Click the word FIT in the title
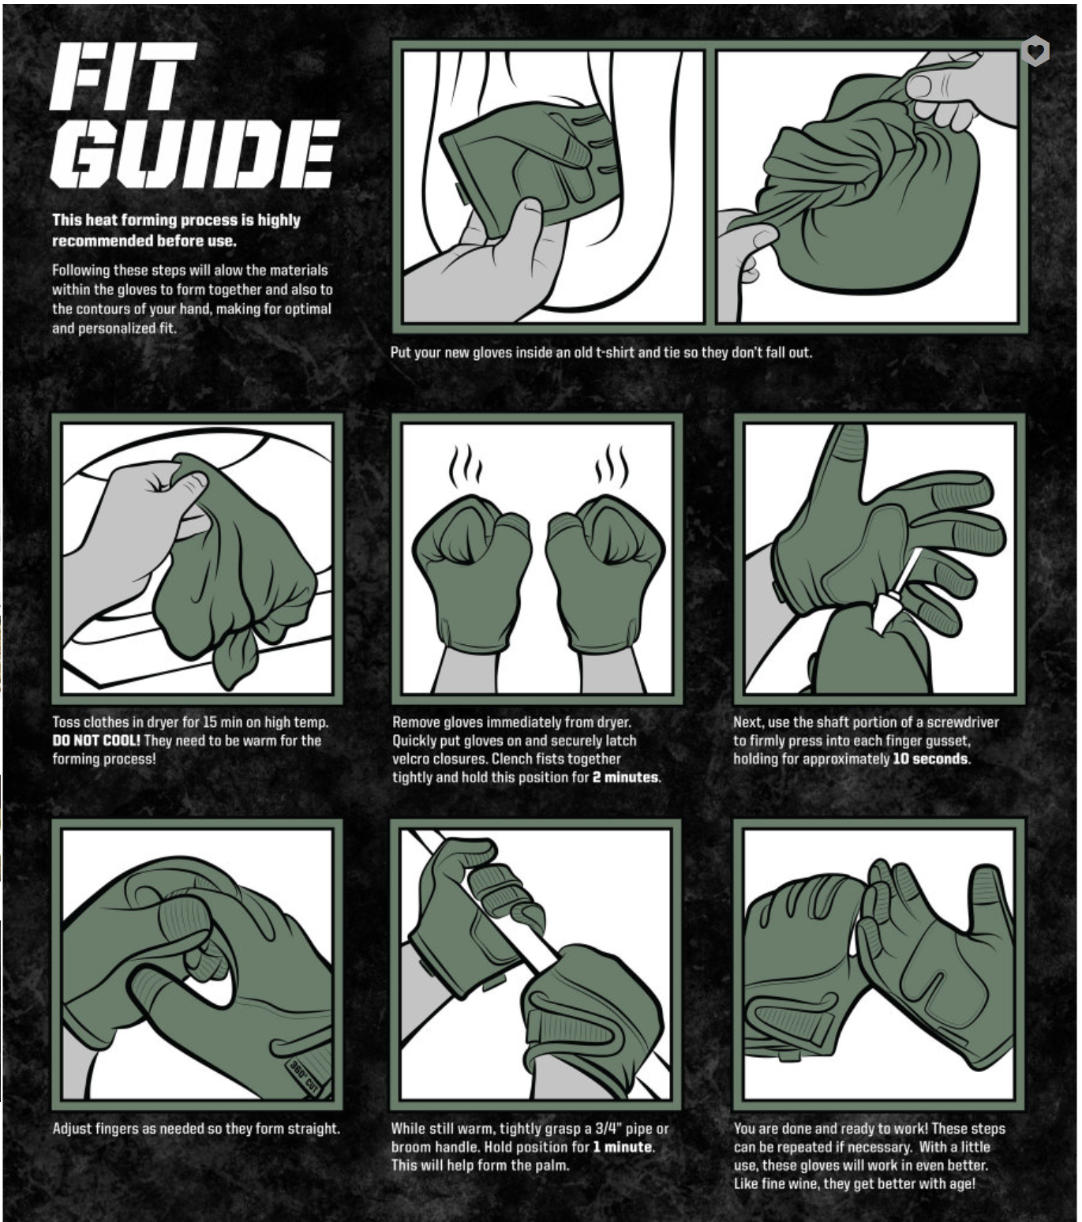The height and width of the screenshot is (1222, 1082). click(124, 77)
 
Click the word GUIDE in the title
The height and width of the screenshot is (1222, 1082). click(194, 154)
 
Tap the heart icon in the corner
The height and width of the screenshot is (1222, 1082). click(1035, 51)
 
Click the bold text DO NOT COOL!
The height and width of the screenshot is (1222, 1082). click(96, 740)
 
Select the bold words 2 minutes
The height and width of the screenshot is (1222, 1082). click(625, 778)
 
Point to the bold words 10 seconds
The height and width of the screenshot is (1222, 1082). click(930, 759)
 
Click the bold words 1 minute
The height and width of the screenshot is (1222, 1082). click(623, 1146)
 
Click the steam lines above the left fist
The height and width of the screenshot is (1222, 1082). click(466, 464)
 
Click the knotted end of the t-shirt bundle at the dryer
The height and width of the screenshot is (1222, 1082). click(235, 658)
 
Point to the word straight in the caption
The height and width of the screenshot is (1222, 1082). click(313, 1129)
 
